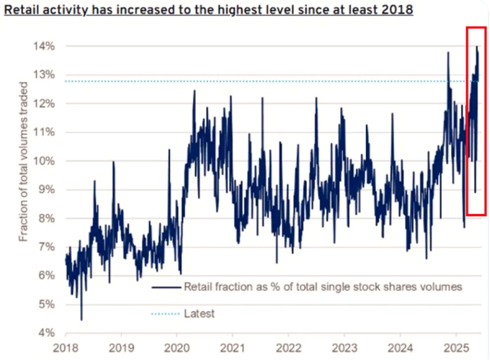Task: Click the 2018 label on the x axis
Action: (66, 346)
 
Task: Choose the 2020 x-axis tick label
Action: (177, 346)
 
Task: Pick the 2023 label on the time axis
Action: (344, 346)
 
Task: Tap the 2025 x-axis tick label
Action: (455, 346)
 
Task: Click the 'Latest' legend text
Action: (200, 313)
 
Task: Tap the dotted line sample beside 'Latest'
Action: (165, 313)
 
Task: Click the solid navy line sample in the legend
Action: (165, 287)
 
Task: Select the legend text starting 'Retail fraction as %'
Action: (322, 287)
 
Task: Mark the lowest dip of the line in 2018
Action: (81, 320)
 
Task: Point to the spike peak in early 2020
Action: (194, 91)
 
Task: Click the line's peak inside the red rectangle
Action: (476, 47)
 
